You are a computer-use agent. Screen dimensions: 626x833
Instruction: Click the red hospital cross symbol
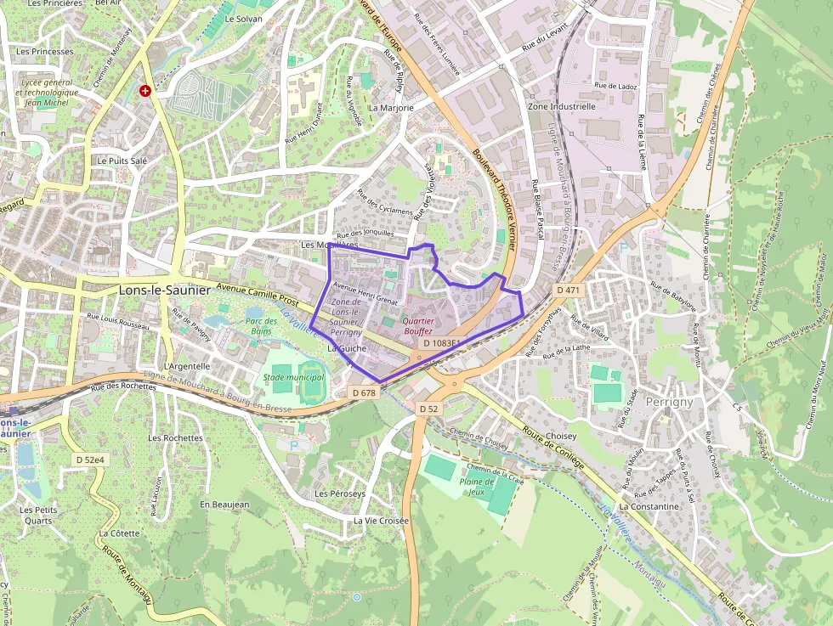(x=145, y=90)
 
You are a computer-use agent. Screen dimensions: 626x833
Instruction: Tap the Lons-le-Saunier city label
(x=164, y=290)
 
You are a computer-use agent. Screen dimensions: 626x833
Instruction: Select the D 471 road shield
(x=568, y=290)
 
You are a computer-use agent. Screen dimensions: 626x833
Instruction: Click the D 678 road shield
(x=363, y=392)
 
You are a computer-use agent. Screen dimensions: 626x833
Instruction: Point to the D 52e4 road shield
(x=89, y=460)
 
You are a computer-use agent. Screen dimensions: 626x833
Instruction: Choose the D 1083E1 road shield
(x=441, y=343)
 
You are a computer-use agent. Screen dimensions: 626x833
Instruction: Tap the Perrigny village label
(x=669, y=402)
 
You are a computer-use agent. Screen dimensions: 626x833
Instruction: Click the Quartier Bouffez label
(x=417, y=327)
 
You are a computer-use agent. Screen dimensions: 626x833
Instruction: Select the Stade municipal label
(x=293, y=377)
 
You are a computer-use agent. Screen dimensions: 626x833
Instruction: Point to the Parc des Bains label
(x=261, y=327)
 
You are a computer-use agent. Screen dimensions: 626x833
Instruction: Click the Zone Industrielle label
(x=562, y=107)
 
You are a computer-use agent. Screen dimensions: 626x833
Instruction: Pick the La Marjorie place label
(x=391, y=108)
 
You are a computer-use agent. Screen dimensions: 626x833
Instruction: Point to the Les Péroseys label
(x=340, y=493)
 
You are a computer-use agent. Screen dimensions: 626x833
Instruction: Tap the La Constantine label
(x=649, y=507)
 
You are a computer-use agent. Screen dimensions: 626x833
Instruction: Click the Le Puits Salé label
(x=117, y=160)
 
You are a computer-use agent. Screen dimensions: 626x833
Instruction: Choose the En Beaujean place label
(x=224, y=505)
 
